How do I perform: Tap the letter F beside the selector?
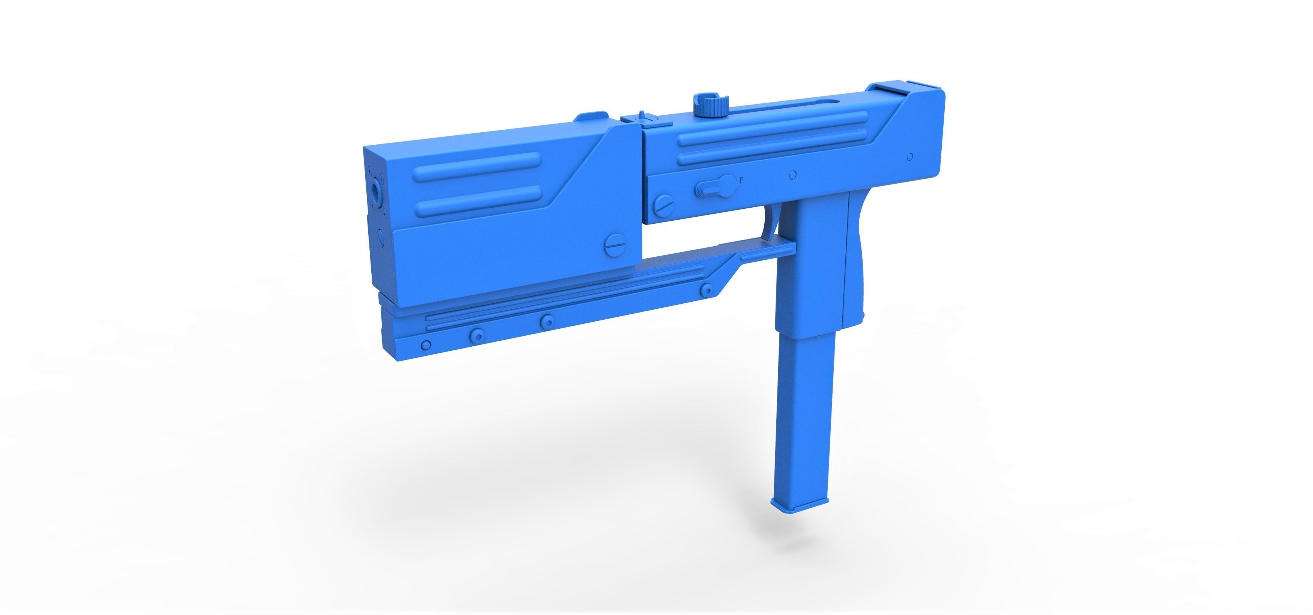[x=741, y=180]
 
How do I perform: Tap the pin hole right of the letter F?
[x=792, y=175]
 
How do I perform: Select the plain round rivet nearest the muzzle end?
[x=426, y=345]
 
